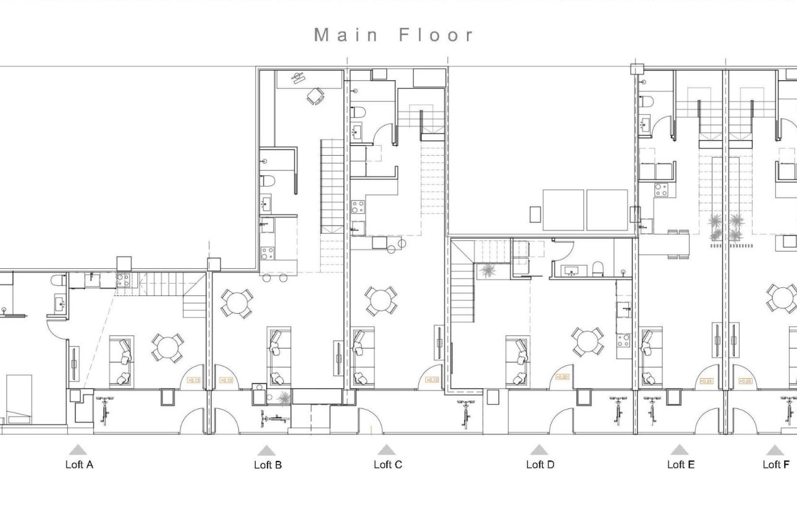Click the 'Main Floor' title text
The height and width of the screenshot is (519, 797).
[394, 35]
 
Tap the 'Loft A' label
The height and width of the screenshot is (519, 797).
[78, 465]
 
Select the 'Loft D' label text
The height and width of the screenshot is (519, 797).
[540, 465]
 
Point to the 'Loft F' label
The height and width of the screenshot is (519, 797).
[775, 465]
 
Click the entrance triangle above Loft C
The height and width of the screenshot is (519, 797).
[386, 450]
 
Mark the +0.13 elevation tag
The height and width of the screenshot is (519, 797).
[193, 381]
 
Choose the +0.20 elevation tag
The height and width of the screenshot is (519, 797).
[562, 377]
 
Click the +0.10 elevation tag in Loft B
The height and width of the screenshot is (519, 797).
[226, 381]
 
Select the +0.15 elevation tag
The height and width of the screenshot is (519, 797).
[432, 381]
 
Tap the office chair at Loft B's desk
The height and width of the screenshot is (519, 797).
[316, 96]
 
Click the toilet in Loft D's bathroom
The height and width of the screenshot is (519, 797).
[597, 268]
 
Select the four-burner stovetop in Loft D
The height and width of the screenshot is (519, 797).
[623, 340]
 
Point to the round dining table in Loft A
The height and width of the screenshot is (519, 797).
[167, 348]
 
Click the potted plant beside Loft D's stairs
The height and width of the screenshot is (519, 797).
[487, 271]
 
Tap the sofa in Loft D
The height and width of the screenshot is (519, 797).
[518, 361]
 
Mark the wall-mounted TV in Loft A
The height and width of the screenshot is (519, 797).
[74, 365]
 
